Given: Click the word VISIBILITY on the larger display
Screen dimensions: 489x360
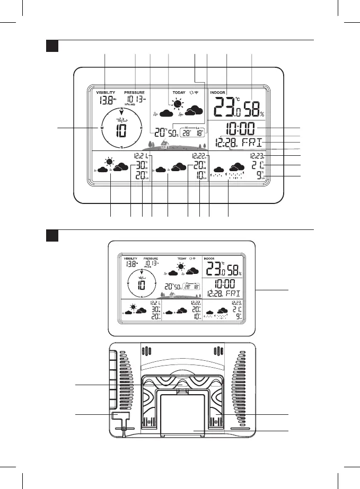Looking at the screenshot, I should (x=105, y=92).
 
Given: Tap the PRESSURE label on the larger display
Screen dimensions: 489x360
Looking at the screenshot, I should (x=134, y=92).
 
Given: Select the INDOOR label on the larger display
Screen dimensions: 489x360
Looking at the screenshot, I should (x=218, y=92).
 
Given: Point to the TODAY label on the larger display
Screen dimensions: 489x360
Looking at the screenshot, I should (x=179, y=92).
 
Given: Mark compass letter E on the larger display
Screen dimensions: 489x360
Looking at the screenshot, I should (x=141, y=128).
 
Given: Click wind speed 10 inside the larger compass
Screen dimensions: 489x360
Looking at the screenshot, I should (x=121, y=130).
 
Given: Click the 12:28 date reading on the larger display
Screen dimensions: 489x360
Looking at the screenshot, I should (x=229, y=143).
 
